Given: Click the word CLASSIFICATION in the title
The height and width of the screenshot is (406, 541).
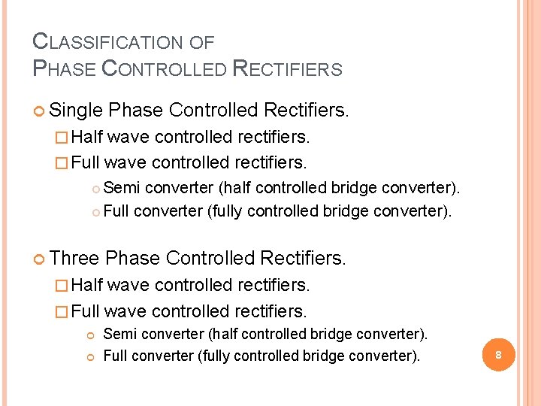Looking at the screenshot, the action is coord(106,42).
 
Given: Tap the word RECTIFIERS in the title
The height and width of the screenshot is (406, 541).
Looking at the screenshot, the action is coord(288,69).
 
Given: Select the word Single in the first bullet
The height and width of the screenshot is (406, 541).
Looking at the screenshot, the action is coord(76,111).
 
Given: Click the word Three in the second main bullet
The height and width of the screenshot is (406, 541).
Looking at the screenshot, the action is coord(75,259).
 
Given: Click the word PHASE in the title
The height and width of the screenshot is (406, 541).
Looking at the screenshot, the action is coord(65,69).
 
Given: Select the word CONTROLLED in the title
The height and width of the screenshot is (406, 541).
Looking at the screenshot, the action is coord(163,69).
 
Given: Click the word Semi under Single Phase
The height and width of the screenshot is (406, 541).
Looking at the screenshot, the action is coord(122,186).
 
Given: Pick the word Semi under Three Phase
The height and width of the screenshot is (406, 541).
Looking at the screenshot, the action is coord(120,334).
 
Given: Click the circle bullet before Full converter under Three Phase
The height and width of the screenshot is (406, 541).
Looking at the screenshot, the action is coord(90,356).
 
